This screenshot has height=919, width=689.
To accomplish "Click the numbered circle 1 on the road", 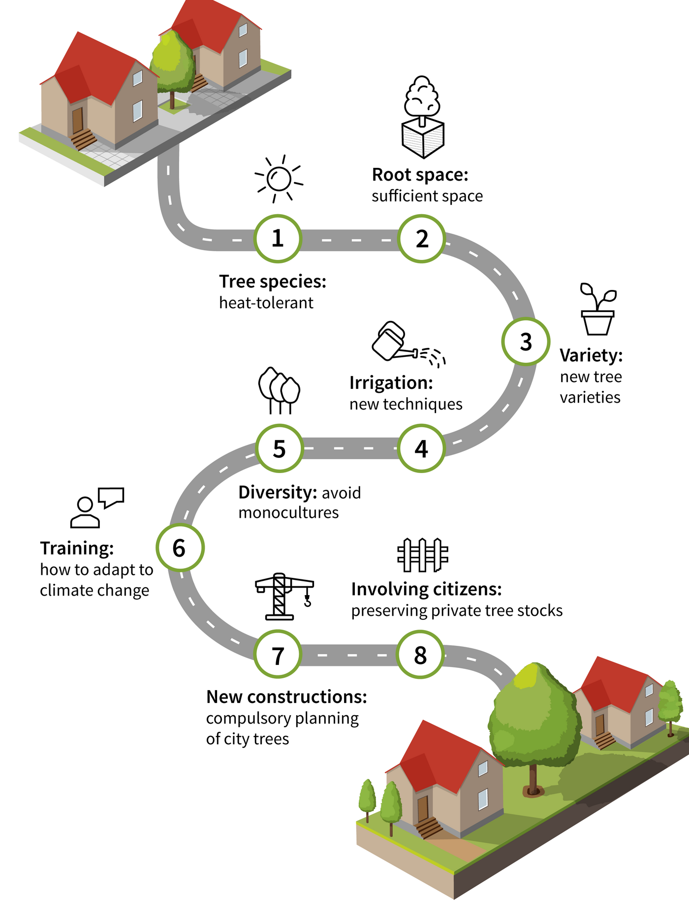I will pos(278,239).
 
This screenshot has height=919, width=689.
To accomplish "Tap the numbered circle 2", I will pos(422,239).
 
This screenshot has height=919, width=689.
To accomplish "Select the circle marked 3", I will pos(526,342).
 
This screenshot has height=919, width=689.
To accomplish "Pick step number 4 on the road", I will pos(421,448).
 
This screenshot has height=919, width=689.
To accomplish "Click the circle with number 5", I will pos(279,448).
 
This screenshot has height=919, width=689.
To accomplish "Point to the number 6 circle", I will pos(180,548).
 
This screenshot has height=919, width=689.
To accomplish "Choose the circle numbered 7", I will pos(278,655).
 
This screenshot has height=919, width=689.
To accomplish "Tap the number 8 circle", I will pos(420,655).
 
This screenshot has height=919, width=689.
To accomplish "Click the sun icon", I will pos(279,179).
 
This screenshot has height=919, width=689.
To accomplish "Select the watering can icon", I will pos(407,344).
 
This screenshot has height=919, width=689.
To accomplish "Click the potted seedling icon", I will pos(598,309).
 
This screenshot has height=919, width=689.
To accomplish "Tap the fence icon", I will pos(423,555).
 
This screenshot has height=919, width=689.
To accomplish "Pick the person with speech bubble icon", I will pos(96,507).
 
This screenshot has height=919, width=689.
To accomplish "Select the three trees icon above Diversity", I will pos(279,390).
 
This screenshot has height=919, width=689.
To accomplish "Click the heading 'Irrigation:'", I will pos(391,383).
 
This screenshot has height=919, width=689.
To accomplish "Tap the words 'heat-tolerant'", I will pos(266,303).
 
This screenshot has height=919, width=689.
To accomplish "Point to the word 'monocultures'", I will pos(288,513).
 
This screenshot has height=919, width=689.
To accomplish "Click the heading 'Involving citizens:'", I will pos(426,589).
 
